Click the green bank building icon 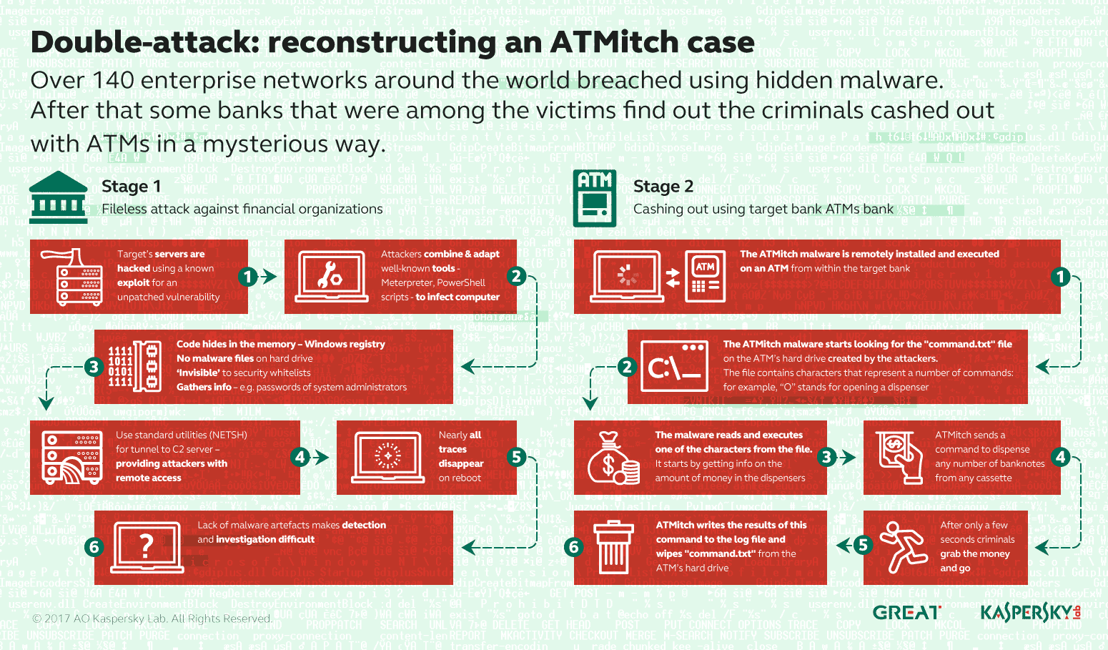59,197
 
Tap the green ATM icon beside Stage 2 594,198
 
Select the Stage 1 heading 131,187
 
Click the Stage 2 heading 663,187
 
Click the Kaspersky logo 1029,612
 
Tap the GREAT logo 906,613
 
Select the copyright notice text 151,619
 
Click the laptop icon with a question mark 147,548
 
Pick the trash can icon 613,547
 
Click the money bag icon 612,458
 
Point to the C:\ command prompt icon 674,367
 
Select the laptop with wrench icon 332,276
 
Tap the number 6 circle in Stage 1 94,548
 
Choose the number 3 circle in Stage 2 827,457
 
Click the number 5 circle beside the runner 863,545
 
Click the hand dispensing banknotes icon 899,457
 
